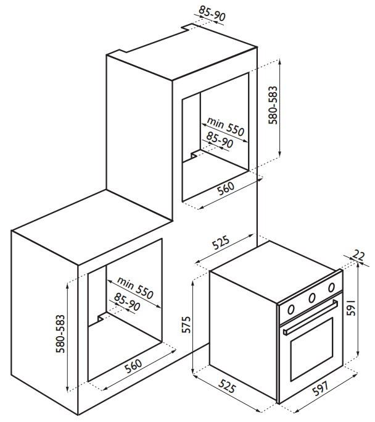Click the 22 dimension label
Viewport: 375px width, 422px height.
(359, 255)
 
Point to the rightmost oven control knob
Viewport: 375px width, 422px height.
(332, 288)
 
